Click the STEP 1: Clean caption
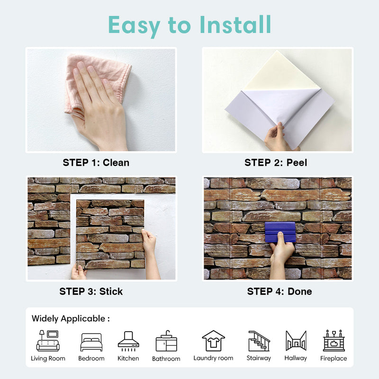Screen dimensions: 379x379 96,162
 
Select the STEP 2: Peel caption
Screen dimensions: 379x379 276,162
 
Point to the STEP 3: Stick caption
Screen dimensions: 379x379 91,291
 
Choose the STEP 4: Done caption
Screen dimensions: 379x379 280,291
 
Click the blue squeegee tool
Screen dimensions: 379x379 280,232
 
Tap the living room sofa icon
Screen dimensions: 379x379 48,340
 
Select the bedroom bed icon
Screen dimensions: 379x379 91,342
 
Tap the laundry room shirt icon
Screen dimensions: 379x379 213,341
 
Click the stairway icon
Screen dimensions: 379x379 259,341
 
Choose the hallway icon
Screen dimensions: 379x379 296,341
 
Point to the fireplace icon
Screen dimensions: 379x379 334,341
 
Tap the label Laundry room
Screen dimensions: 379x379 213,358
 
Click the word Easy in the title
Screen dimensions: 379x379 135,25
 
